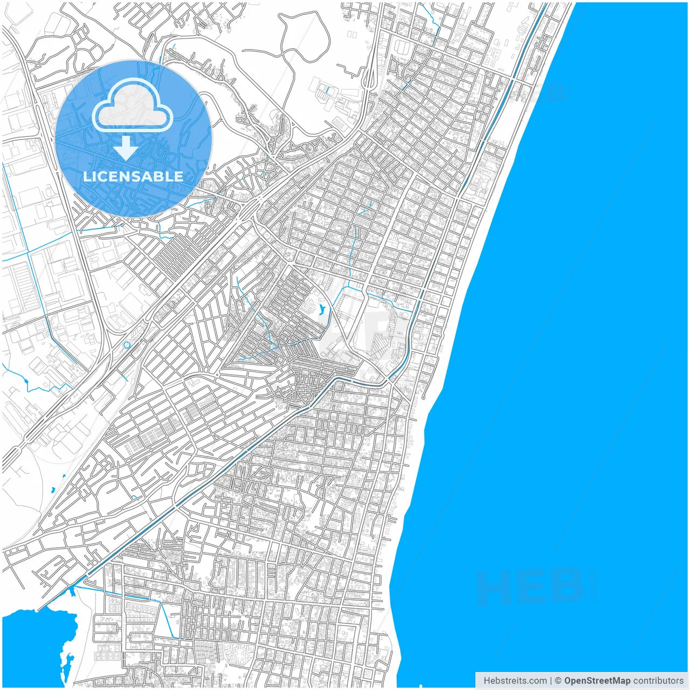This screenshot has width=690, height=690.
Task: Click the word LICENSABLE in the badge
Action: click(x=133, y=176)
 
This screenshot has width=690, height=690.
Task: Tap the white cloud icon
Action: click(x=133, y=106)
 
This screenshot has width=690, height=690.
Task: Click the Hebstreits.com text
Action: click(x=514, y=681)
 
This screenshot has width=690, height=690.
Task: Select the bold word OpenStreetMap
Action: click(x=597, y=681)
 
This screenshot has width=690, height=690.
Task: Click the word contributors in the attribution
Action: click(x=658, y=681)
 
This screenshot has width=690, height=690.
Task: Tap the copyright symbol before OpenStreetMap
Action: click(x=558, y=681)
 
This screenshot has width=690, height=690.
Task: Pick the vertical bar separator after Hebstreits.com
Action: click(x=550, y=681)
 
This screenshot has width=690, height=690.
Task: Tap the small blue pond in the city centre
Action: click(x=322, y=310)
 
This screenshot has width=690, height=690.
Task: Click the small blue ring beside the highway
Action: click(x=127, y=344)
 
